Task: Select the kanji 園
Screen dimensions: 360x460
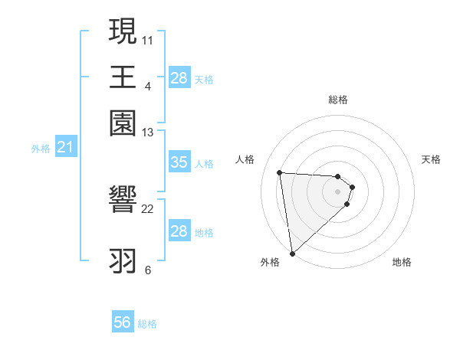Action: pyautogui.click(x=123, y=123)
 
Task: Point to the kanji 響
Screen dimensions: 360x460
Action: pyautogui.click(x=123, y=201)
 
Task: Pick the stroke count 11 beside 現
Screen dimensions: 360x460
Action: pyautogui.click(x=148, y=39)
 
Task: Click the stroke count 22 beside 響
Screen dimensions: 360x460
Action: pyautogui.click(x=148, y=208)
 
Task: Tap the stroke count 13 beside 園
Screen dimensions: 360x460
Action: pyautogui.click(x=148, y=133)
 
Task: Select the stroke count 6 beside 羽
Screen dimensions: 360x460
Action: pyautogui.click(x=147, y=270)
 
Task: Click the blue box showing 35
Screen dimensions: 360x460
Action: pyautogui.click(x=179, y=162)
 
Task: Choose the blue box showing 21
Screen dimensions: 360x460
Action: pyautogui.click(x=64, y=147)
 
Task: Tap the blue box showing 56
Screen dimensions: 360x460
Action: pyautogui.click(x=122, y=322)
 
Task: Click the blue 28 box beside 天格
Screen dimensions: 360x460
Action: pyautogui.click(x=179, y=77)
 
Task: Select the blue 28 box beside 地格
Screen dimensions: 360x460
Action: pyautogui.click(x=179, y=231)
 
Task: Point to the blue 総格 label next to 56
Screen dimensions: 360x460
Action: pyautogui.click(x=147, y=324)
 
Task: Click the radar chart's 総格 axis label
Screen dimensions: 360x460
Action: pyautogui.click(x=337, y=100)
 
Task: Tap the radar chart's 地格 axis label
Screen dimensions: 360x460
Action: pyautogui.click(x=402, y=262)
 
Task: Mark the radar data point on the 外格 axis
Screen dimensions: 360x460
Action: pyautogui.click(x=292, y=254)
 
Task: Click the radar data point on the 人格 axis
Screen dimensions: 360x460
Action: pyautogui.click(x=280, y=172)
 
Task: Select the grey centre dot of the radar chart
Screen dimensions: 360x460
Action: pyautogui.click(x=338, y=191)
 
